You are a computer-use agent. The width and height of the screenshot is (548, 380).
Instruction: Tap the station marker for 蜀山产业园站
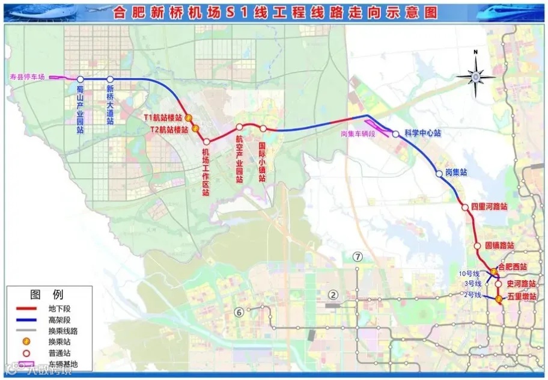[x=80, y=79]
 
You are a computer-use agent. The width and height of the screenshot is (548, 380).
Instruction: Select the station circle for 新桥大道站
[x=110, y=79]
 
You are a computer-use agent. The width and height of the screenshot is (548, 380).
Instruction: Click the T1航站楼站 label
[x=162, y=117]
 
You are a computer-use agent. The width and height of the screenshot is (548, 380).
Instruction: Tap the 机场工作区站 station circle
[x=206, y=141]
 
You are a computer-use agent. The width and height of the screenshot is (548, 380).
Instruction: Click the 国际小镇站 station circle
[x=263, y=128]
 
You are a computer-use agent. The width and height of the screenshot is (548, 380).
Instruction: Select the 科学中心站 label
[x=422, y=133]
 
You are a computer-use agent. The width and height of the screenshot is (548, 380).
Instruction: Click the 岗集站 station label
[x=456, y=173]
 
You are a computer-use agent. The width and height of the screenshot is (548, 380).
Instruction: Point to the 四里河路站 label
[x=489, y=206]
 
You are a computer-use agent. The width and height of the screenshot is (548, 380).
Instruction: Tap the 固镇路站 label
[x=499, y=246]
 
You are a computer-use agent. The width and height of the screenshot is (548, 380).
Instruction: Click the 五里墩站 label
[x=522, y=296]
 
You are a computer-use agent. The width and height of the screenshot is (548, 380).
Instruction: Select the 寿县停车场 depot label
[x=27, y=77]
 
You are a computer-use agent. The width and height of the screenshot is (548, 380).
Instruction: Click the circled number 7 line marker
[x=359, y=257]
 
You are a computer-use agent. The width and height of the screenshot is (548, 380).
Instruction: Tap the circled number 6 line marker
[x=239, y=311]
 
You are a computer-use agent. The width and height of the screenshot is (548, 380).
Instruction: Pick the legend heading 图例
[x=47, y=295]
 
